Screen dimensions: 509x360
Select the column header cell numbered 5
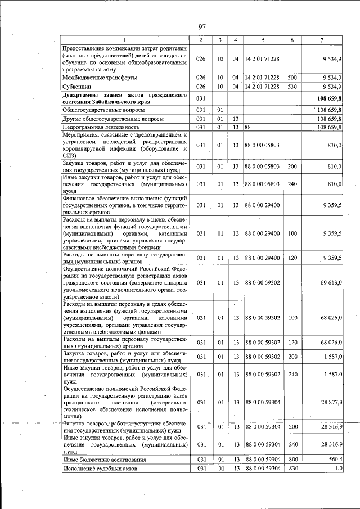pos(262,40)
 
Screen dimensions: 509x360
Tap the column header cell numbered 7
pos(321,40)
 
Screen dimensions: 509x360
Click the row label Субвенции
pos(78,87)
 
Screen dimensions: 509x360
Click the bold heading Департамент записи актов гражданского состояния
pos(124,99)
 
